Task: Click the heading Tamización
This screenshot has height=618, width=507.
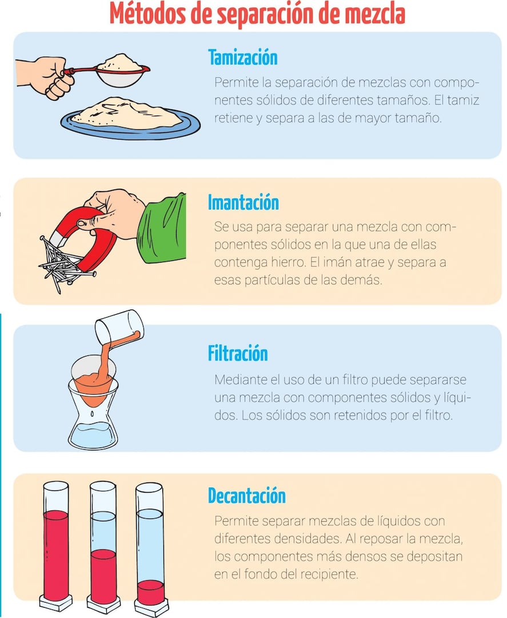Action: (x=242, y=58)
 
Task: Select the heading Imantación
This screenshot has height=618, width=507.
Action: (x=243, y=203)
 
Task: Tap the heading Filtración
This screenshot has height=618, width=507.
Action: (x=238, y=354)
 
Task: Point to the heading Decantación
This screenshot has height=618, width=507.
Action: (x=246, y=496)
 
